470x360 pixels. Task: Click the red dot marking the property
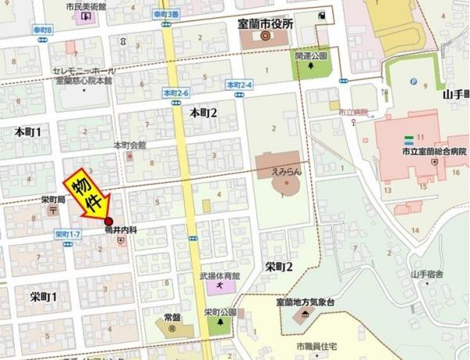pyautogui.click(x=108, y=221)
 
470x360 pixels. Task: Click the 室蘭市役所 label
pyautogui.click(x=264, y=24)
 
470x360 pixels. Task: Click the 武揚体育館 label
pyautogui.click(x=218, y=275)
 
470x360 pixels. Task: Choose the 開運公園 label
pyautogui.click(x=311, y=57)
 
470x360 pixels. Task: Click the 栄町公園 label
pyautogui.click(x=219, y=311)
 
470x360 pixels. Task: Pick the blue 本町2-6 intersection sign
pyautogui.click(x=176, y=92)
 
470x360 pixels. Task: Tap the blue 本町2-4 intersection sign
pyautogui.click(x=239, y=84)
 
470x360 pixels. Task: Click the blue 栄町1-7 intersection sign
pyautogui.click(x=68, y=234)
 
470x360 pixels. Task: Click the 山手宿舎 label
pyautogui.click(x=426, y=275)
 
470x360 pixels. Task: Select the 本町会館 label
pyautogui.click(x=129, y=145)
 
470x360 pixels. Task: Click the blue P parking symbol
pyautogui.click(x=413, y=80)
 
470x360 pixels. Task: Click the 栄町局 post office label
pyautogui.click(x=53, y=200)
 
